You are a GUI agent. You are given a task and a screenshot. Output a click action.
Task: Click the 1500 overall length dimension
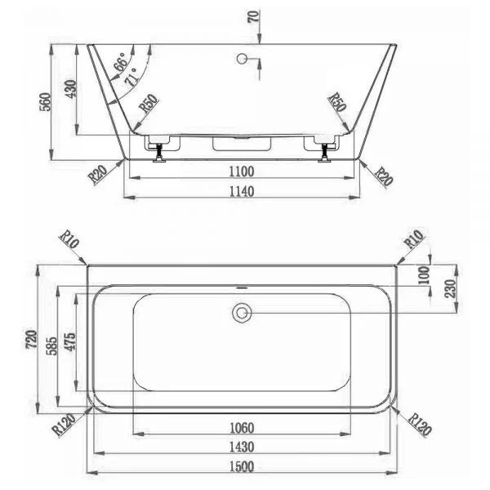pos(242,466)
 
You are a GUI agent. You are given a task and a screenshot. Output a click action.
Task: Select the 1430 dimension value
pos(242,447)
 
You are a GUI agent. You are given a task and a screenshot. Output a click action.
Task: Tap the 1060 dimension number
pos(242,428)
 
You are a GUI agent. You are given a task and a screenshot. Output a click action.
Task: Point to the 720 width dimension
pos(32,339)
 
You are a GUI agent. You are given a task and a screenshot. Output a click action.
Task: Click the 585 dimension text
pos(52,346)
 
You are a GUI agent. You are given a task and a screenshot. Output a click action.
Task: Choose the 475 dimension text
pos(70,341)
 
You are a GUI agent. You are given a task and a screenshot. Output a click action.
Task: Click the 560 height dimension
pos(45,101)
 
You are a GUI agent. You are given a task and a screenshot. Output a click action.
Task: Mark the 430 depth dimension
pos(70,89)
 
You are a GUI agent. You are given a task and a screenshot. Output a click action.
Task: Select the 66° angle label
pos(121,61)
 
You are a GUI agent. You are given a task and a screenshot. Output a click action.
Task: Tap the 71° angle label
pos(131,77)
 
